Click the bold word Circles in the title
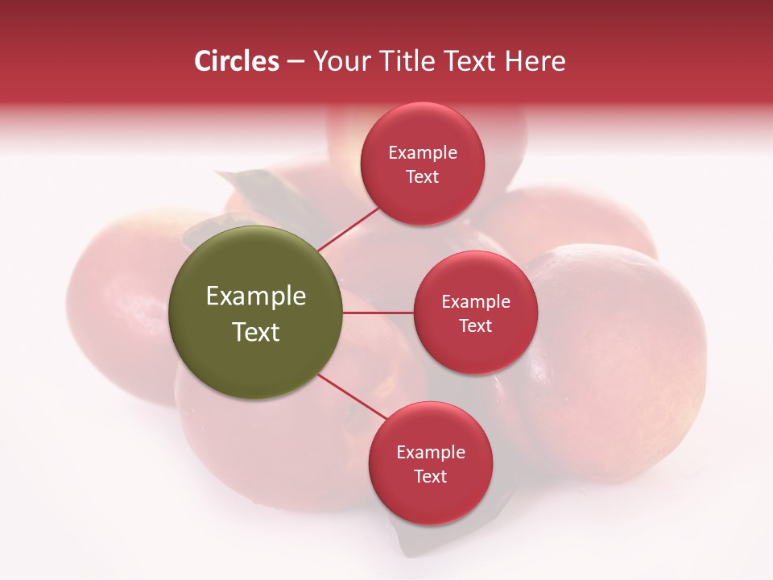click(x=237, y=61)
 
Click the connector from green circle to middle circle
click(x=378, y=313)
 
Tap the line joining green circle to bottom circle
click(x=353, y=396)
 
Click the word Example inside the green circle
click(x=255, y=296)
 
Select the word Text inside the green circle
click(x=255, y=332)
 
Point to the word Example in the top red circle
click(x=423, y=153)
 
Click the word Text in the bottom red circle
click(x=430, y=477)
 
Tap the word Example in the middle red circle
click(x=475, y=302)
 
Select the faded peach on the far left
click(x=113, y=306)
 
